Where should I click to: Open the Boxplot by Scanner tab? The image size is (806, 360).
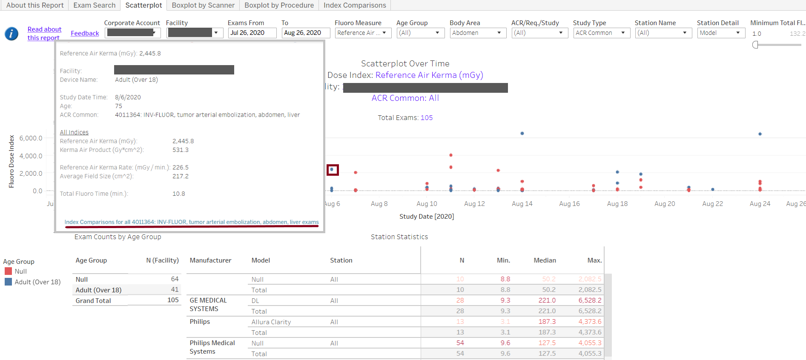click(203, 5)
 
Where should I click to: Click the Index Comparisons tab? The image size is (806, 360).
click(355, 5)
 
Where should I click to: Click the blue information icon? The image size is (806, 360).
click(11, 34)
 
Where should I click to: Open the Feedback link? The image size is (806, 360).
click(85, 33)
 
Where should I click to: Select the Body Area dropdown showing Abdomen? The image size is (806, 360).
click(478, 33)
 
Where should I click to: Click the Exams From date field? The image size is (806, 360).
click(252, 33)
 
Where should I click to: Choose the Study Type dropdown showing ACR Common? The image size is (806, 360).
click(601, 33)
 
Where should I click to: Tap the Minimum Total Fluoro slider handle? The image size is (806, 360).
click(755, 45)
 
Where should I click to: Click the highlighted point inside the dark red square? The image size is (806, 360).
click(332, 169)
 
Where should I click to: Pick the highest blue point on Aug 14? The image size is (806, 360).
click(522, 133)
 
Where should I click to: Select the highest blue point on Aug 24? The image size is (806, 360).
click(760, 134)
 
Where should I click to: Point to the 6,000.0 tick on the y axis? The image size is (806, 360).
click(31, 138)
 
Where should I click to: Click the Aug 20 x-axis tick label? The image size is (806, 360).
click(665, 204)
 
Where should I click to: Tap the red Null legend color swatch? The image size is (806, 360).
click(8, 271)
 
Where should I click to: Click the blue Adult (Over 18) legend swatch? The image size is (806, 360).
click(8, 282)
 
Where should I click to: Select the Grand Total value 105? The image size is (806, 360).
click(173, 300)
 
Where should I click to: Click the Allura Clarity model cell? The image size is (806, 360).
click(271, 322)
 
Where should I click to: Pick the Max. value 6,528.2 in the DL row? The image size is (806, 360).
click(590, 300)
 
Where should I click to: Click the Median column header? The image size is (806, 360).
click(545, 260)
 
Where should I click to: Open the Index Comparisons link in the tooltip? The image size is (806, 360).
click(192, 222)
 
